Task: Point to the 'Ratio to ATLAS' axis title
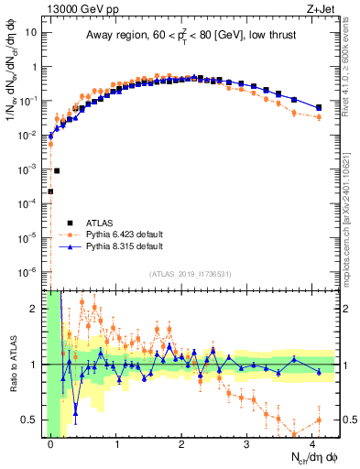click(12, 365)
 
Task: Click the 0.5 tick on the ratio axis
click(32, 420)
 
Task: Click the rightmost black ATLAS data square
click(318, 107)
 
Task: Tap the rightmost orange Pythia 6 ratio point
click(318, 420)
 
